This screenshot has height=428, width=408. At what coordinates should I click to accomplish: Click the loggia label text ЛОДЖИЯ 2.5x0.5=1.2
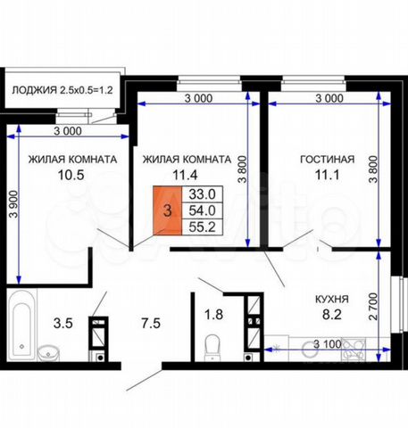(62, 90)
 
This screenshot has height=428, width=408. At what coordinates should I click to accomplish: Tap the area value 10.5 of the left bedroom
(71, 175)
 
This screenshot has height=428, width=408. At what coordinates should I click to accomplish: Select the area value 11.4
(185, 175)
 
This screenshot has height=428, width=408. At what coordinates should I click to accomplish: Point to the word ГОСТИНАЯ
(328, 160)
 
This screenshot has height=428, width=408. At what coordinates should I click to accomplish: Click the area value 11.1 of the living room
(327, 175)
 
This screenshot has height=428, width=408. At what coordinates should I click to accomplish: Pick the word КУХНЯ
(332, 299)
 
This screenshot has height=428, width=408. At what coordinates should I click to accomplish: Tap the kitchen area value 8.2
(332, 315)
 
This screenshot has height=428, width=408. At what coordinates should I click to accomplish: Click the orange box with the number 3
(168, 210)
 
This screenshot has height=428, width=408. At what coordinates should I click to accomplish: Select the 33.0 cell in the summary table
(203, 194)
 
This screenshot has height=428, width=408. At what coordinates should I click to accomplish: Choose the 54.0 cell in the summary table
(203, 210)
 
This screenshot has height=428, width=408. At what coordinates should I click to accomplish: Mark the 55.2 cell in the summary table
(203, 227)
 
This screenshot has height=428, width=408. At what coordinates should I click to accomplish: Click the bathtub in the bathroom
(22, 325)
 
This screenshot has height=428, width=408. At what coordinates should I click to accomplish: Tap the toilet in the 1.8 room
(212, 347)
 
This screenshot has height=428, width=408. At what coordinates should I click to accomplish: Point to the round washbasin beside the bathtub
(48, 353)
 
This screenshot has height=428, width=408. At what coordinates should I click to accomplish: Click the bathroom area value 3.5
(63, 323)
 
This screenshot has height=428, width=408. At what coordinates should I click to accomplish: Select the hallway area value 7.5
(151, 323)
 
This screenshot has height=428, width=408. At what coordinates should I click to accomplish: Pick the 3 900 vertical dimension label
(13, 204)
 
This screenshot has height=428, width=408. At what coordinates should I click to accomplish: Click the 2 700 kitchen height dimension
(372, 307)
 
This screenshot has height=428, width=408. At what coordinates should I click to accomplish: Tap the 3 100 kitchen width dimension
(328, 344)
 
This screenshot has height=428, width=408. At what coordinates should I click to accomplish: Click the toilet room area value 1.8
(213, 315)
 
